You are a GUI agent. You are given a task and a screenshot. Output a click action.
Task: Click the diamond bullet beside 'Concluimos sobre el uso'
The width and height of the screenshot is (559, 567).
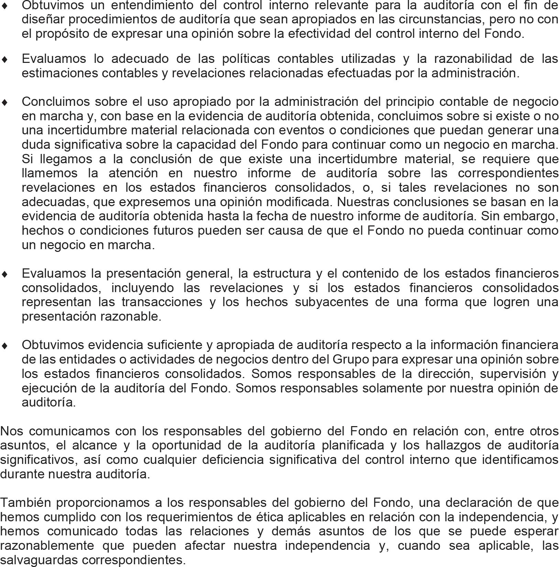[4, 102]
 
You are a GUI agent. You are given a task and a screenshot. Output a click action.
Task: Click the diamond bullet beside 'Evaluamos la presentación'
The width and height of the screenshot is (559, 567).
[4, 274]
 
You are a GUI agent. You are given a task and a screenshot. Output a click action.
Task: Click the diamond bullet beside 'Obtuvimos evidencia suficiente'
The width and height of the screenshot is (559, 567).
[4, 346]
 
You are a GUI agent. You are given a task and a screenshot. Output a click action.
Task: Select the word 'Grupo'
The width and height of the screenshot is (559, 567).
[350, 359]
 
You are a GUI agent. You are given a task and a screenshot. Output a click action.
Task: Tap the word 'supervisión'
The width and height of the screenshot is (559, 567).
[513, 374]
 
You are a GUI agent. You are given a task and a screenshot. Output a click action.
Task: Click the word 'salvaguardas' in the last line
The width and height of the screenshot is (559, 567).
[39, 560]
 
